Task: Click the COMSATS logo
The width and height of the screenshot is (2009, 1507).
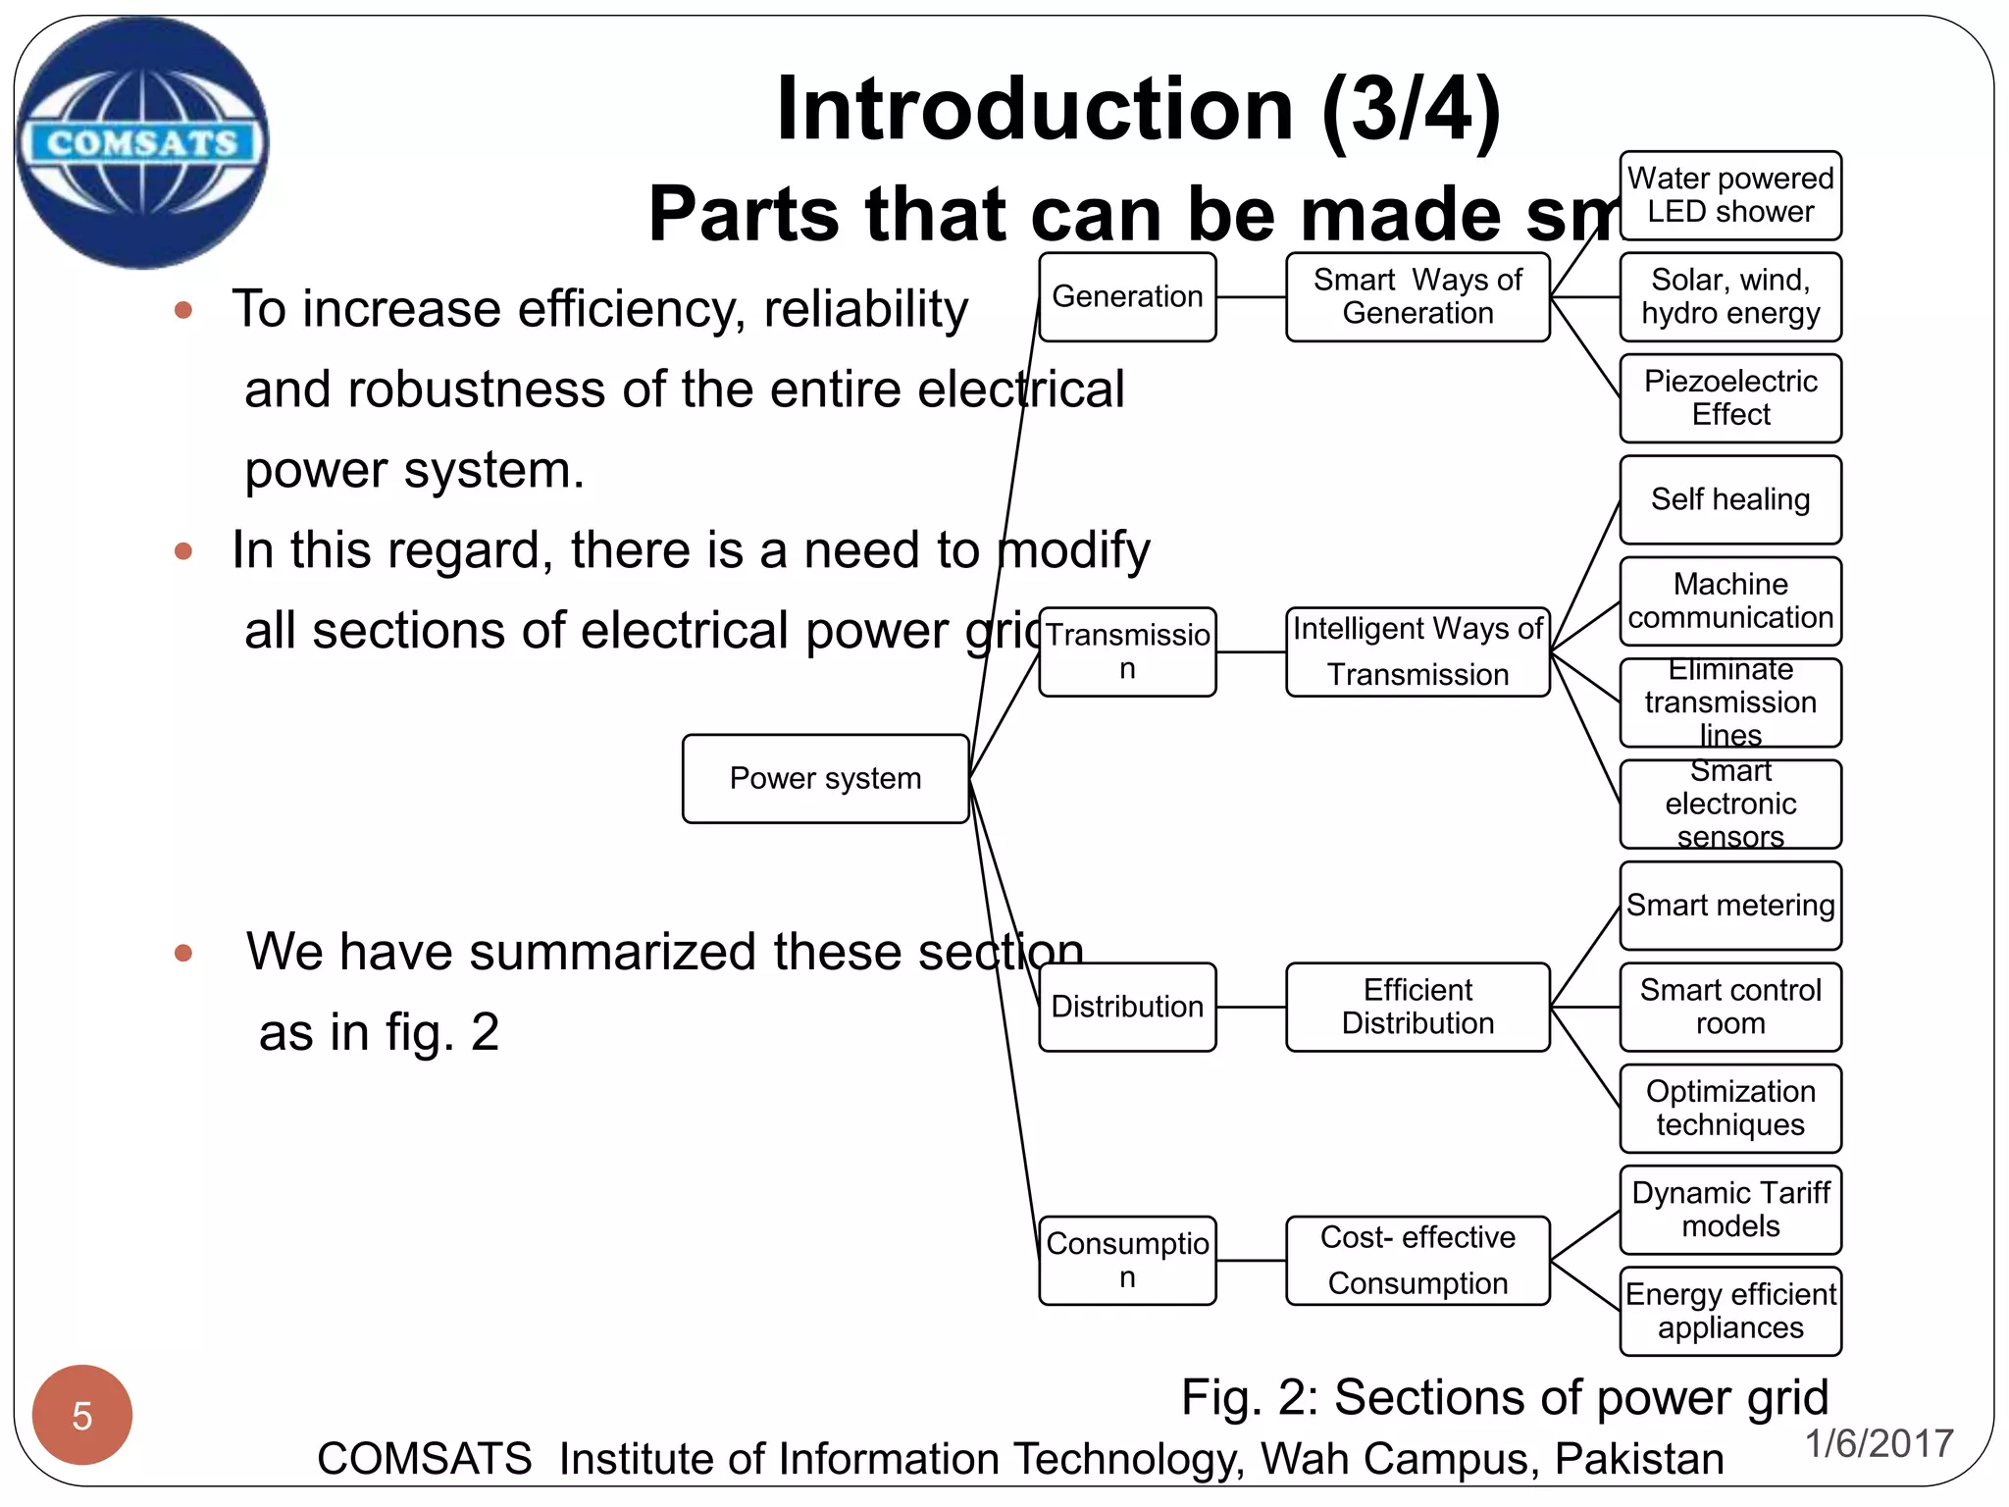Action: pyautogui.click(x=143, y=143)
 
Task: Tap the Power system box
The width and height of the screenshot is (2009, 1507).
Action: pyautogui.click(x=825, y=779)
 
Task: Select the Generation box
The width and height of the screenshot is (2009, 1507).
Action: pyautogui.click(x=1127, y=297)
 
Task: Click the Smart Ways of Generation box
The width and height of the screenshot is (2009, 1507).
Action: pyautogui.click(x=1417, y=297)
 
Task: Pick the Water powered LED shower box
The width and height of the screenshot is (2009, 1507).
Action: pyautogui.click(x=1730, y=195)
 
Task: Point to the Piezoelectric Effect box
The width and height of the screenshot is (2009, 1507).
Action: pyautogui.click(x=1730, y=398)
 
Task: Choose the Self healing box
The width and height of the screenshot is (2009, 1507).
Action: pyautogui.click(x=1730, y=499)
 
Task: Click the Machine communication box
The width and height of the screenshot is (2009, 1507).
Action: pyautogui.click(x=1730, y=601)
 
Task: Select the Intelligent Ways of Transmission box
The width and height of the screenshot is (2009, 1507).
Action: pyautogui.click(x=1417, y=651)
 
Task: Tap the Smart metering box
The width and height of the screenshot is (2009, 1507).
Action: pyautogui.click(x=1730, y=906)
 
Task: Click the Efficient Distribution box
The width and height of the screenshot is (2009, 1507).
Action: pyautogui.click(x=1417, y=1007)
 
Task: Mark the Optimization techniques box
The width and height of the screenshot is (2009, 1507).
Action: pyautogui.click(x=1730, y=1109)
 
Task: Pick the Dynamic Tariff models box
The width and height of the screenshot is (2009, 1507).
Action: pyautogui.click(x=1730, y=1210)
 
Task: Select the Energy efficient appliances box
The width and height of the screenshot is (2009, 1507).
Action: pyautogui.click(x=1730, y=1312)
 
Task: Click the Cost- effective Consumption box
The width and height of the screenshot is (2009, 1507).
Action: pyautogui.click(x=1417, y=1261)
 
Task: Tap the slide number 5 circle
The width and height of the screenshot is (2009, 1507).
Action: pyautogui.click(x=82, y=1415)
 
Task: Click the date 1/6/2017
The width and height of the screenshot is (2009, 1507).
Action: pyautogui.click(x=1879, y=1443)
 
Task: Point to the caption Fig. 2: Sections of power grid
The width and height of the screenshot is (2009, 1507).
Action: pyautogui.click(x=1505, y=1397)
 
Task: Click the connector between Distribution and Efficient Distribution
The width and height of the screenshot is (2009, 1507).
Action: pyautogui.click(x=1251, y=1007)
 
